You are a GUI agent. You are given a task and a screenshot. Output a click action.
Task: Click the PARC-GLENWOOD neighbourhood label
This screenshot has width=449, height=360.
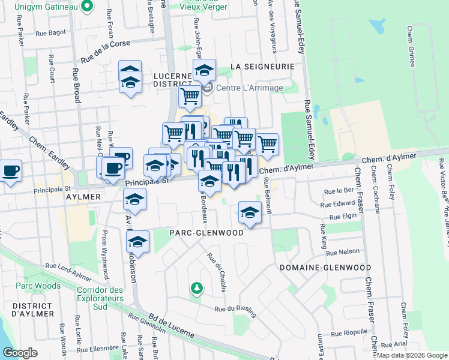(206, 233)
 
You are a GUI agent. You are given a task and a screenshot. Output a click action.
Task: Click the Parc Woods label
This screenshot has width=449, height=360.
(38, 286)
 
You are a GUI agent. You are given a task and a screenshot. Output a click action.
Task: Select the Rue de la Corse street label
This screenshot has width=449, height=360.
(104, 51)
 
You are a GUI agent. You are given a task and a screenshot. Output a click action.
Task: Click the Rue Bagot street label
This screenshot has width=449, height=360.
(50, 34)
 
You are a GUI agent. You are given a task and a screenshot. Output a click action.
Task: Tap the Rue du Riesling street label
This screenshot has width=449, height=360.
(236, 310)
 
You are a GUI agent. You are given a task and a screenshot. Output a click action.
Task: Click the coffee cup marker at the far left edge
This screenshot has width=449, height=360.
(11, 171)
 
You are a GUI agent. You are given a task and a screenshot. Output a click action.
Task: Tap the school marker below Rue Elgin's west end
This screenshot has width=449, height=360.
(250, 212)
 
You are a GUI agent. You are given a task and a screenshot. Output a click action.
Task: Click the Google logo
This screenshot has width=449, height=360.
(20, 353)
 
